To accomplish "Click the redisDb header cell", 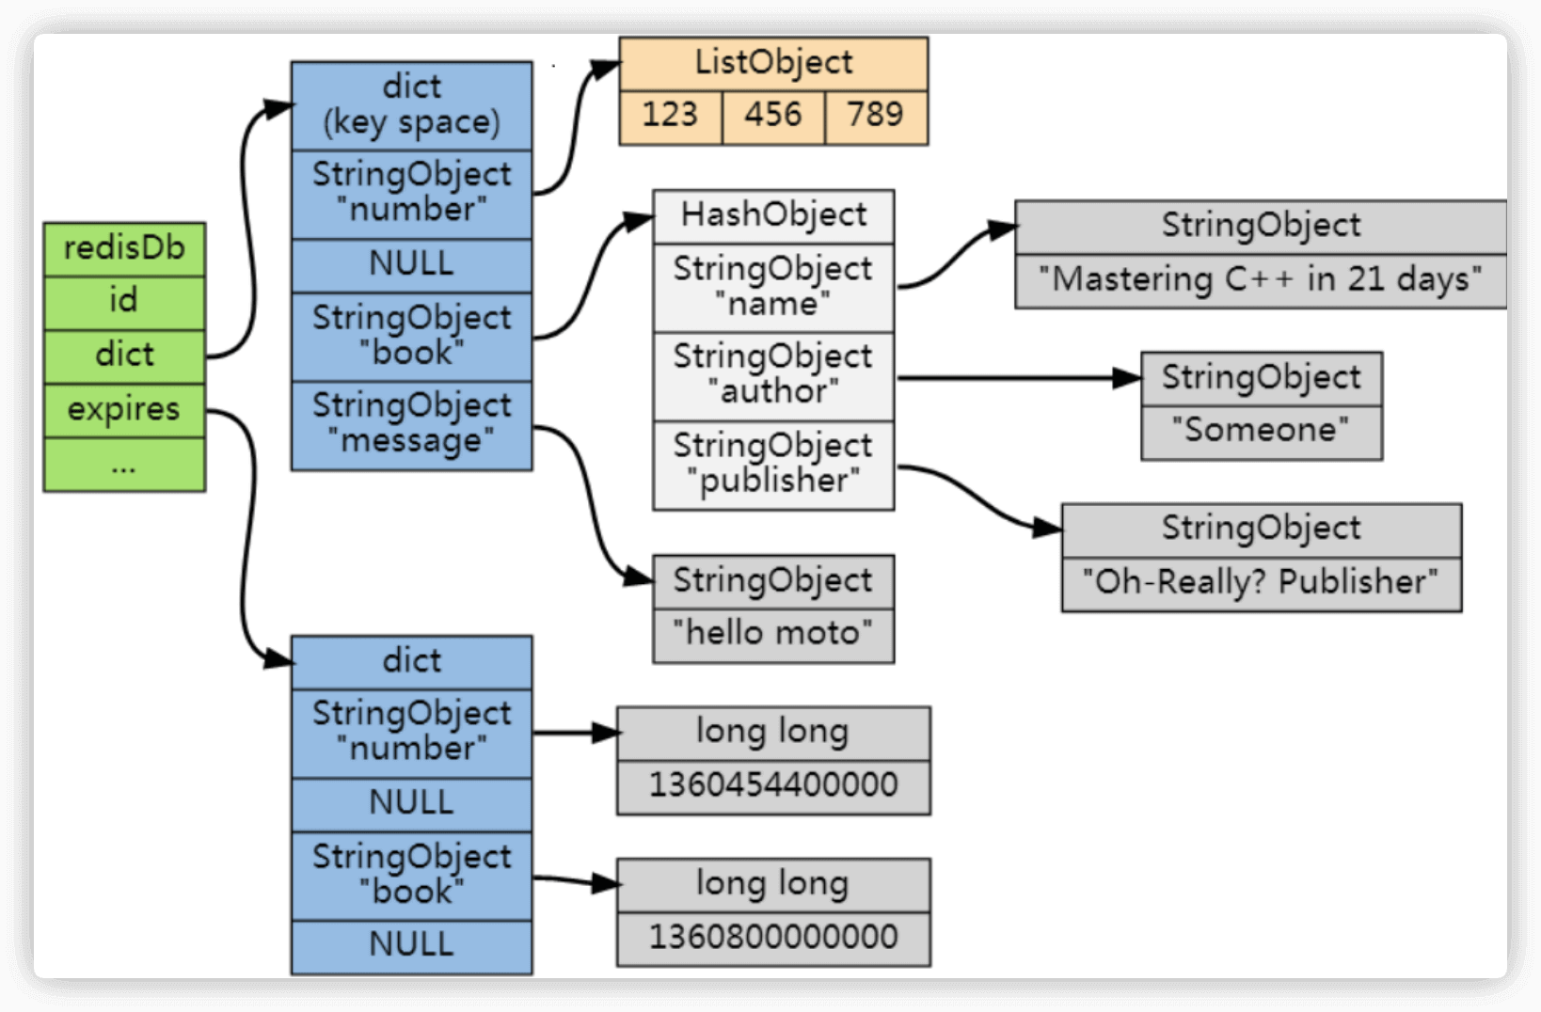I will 124,249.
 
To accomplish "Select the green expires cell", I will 124,410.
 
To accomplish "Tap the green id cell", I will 124,303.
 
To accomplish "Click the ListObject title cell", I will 773,64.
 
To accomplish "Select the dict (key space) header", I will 411,105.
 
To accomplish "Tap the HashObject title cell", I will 773,216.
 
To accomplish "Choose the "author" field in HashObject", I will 773,375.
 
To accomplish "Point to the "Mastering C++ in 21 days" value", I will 1261,280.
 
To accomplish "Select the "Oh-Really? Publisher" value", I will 1261,583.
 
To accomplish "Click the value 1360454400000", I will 773,786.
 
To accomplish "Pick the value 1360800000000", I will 773,938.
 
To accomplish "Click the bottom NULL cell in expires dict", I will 411,945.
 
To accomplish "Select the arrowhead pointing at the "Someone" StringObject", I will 1127,378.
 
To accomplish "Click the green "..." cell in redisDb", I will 124,465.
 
